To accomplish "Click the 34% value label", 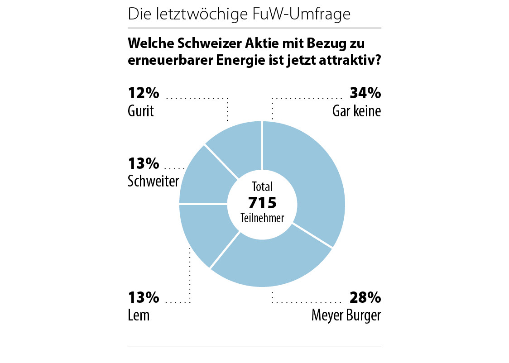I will [365, 93].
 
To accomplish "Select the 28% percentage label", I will [365, 297].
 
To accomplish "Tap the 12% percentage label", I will [144, 93].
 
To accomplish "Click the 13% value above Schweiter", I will [144, 163].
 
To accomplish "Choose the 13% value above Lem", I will [144, 297].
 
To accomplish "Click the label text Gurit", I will [141, 111].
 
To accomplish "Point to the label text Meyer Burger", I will [346, 315].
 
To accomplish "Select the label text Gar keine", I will [356, 111].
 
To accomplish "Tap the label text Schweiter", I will [154, 181].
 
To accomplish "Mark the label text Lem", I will [139, 315].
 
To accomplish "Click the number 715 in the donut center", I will [262, 202].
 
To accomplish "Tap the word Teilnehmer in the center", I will [262, 218].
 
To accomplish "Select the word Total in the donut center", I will [262, 186].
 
